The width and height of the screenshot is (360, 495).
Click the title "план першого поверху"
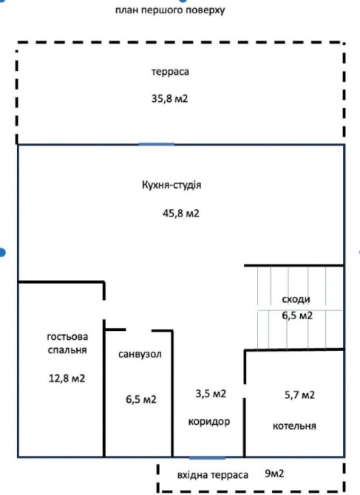pyautogui.click(x=170, y=10)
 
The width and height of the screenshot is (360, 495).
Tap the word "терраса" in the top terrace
pyautogui.click(x=170, y=72)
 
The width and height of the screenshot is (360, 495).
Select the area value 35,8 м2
pyautogui.click(x=169, y=99)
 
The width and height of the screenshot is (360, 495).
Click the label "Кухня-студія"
pyautogui.click(x=171, y=185)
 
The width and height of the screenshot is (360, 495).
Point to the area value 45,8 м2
pyautogui.click(x=181, y=214)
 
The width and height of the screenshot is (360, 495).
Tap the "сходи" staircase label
pyautogui.click(x=296, y=299)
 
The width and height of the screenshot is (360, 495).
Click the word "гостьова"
pyautogui.click(x=67, y=336)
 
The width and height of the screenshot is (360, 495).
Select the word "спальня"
pyautogui.click(x=67, y=350)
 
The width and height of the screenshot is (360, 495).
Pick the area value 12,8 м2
pyautogui.click(x=67, y=378)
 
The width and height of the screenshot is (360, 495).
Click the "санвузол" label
pyautogui.click(x=140, y=354)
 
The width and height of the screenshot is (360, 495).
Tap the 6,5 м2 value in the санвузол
pyautogui.click(x=141, y=400)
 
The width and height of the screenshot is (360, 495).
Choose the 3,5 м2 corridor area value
pyautogui.click(x=211, y=394)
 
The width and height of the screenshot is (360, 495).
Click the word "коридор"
pyautogui.click(x=209, y=421)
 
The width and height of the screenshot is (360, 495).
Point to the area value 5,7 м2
pyautogui.click(x=299, y=395)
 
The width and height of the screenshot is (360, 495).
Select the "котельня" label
pyautogui.click(x=294, y=426)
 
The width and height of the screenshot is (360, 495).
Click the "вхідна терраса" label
pyautogui.click(x=213, y=475)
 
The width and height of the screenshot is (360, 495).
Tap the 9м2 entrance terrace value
pyautogui.click(x=274, y=474)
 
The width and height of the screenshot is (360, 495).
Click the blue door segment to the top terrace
pyautogui.click(x=157, y=144)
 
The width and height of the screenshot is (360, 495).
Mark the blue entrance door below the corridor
pyautogui.click(x=208, y=457)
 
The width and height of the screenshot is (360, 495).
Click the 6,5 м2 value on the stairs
pyautogui.click(x=297, y=315)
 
